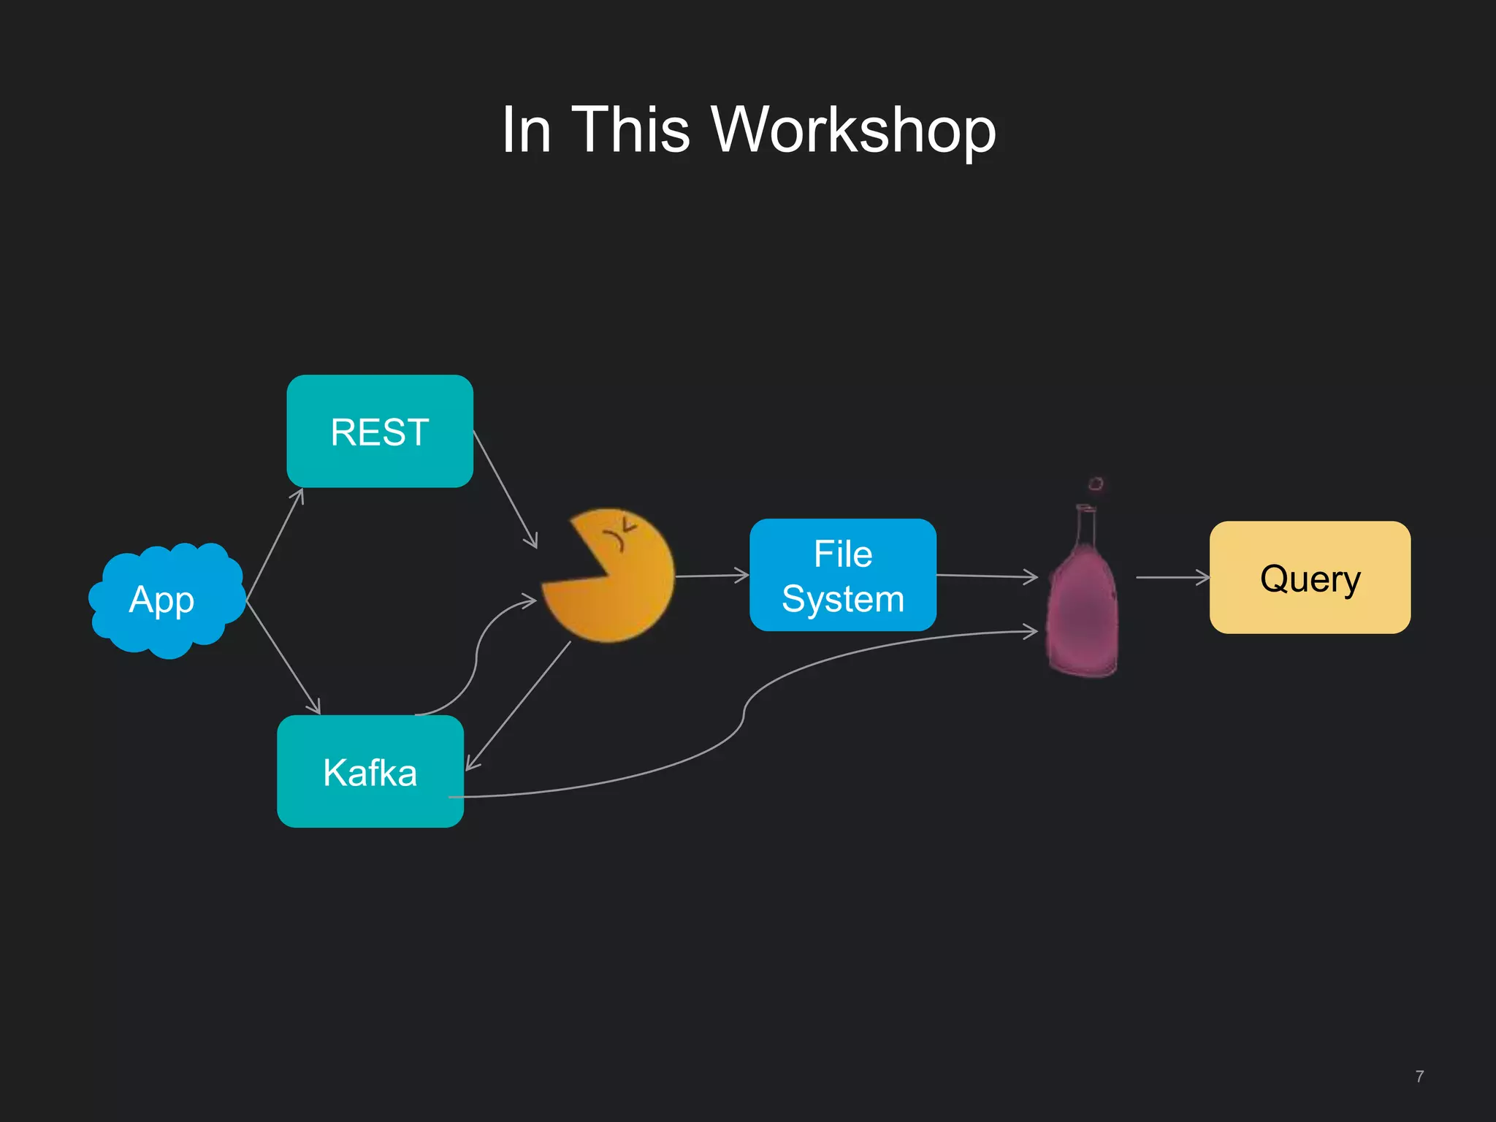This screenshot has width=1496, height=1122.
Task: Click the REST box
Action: pyautogui.click(x=380, y=431)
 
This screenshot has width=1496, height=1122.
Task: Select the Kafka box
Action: pyautogui.click(x=370, y=771)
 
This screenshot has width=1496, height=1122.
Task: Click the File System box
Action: pyautogui.click(x=843, y=576)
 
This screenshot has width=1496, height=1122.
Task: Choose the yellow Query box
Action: pyautogui.click(x=1310, y=578)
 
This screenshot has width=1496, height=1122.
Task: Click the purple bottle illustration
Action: pyautogui.click(x=1082, y=606)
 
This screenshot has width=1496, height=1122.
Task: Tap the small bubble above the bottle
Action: pyautogui.click(x=1096, y=484)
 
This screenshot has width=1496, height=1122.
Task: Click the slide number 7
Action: pyautogui.click(x=1419, y=1077)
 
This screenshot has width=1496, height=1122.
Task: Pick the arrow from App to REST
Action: pyautogui.click(x=275, y=544)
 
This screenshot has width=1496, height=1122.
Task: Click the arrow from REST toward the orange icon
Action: pyautogui.click(x=505, y=489)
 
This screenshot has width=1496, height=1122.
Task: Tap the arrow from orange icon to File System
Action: pyautogui.click(x=712, y=576)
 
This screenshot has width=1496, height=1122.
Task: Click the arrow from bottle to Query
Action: pyautogui.click(x=1172, y=578)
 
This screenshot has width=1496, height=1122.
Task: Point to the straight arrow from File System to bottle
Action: pyautogui.click(x=986, y=576)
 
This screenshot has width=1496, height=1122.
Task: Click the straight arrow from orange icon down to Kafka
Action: pyautogui.click(x=519, y=705)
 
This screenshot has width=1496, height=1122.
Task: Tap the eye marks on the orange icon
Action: pyautogui.click(x=619, y=533)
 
